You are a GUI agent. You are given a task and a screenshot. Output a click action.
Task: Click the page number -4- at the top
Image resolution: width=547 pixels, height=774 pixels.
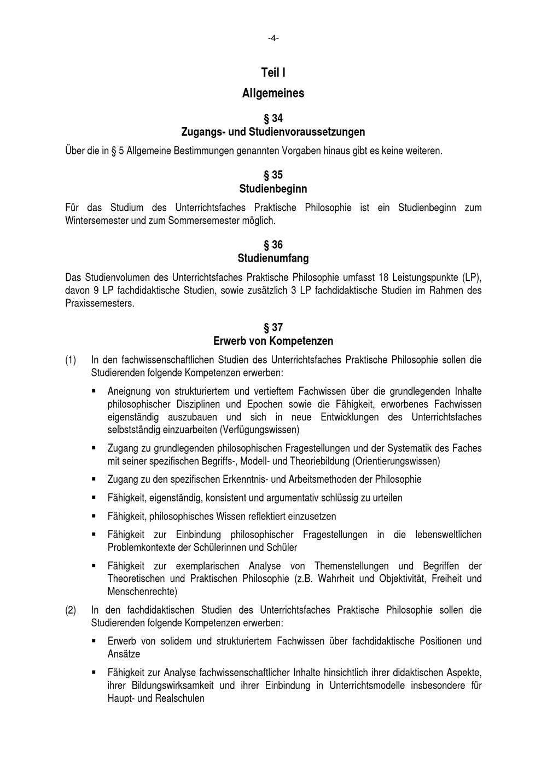click(273, 38)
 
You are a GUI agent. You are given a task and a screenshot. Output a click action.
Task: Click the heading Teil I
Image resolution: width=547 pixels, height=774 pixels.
click(273, 73)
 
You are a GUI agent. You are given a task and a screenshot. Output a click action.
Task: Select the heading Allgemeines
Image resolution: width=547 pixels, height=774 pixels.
click(273, 93)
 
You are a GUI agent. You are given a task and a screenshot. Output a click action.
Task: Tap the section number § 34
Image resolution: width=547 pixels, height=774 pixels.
click(273, 118)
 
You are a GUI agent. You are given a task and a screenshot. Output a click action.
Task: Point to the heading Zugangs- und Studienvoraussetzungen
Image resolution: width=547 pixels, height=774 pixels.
click(273, 132)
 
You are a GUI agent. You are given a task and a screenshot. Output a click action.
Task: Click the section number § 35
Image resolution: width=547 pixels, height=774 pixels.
click(273, 175)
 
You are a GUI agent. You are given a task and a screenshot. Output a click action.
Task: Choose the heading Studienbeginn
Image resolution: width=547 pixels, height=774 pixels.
click(273, 189)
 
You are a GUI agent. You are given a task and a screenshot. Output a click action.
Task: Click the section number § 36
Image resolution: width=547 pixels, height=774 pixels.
click(273, 245)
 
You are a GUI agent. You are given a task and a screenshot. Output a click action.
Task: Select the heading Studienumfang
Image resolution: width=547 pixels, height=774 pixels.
click(273, 258)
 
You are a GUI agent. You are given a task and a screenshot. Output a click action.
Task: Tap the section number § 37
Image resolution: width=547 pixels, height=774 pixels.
click(273, 328)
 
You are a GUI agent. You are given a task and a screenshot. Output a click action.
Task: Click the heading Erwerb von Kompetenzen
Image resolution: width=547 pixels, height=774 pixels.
click(273, 341)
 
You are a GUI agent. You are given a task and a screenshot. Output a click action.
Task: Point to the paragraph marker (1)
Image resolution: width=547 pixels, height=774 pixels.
click(71, 360)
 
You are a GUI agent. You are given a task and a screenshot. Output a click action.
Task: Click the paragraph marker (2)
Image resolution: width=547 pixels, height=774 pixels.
click(71, 610)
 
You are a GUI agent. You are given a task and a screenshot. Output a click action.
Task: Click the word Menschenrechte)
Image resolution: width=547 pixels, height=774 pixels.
click(142, 592)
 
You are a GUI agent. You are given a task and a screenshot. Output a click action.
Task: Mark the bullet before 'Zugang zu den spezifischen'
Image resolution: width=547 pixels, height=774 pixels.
click(94, 479)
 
